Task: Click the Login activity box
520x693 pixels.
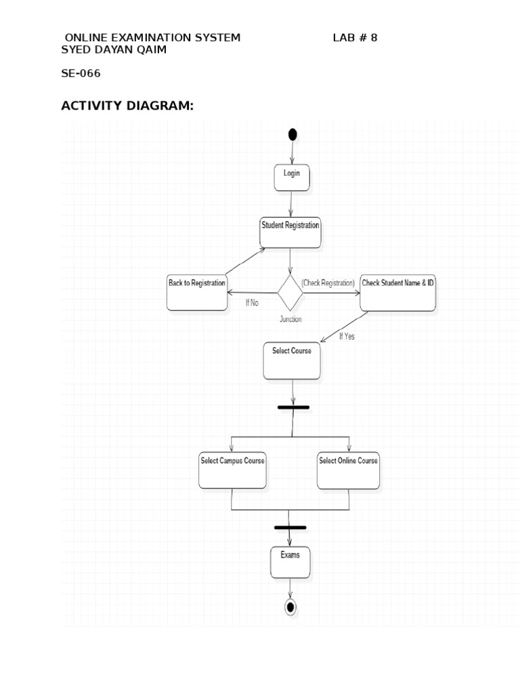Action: (x=292, y=177)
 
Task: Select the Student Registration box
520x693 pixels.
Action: (x=290, y=233)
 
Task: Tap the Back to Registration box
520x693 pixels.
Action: (x=197, y=292)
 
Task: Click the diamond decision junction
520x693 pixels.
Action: (x=290, y=292)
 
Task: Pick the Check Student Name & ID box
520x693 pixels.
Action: (x=398, y=292)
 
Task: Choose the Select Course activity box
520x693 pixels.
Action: (x=292, y=361)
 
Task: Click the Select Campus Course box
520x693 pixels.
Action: (x=232, y=470)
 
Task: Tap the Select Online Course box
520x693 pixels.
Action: (x=348, y=470)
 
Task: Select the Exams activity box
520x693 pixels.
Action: (x=290, y=562)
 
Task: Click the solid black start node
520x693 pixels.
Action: (x=292, y=134)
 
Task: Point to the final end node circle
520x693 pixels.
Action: (x=290, y=607)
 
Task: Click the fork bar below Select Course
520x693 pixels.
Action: (x=293, y=407)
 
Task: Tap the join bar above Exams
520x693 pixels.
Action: (x=290, y=527)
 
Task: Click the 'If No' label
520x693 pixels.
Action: (x=252, y=303)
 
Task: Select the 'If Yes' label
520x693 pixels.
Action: (x=347, y=336)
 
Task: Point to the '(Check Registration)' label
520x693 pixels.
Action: (x=328, y=283)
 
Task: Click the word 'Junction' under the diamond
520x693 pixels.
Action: (x=290, y=319)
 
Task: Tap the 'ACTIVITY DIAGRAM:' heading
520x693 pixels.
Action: (x=127, y=106)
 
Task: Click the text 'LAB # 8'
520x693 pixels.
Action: (x=355, y=38)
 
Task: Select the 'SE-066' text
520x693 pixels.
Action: (x=81, y=73)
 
